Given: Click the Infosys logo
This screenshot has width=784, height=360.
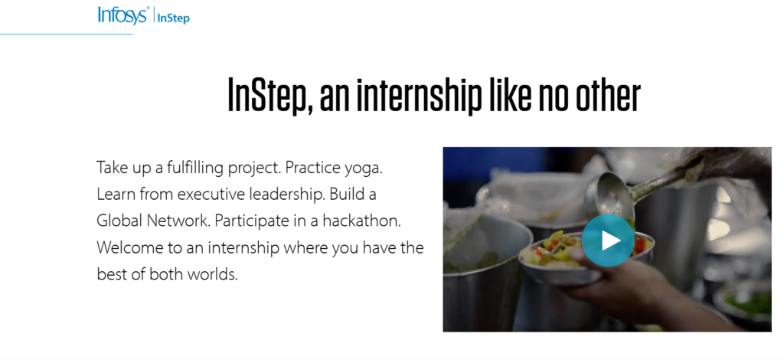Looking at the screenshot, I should (x=122, y=15).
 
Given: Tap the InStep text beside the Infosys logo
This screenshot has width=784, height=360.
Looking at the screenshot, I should (x=173, y=18).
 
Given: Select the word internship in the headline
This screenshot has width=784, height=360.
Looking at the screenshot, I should (x=438, y=95).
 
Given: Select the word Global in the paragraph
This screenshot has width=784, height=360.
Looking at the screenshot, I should (x=119, y=221).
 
